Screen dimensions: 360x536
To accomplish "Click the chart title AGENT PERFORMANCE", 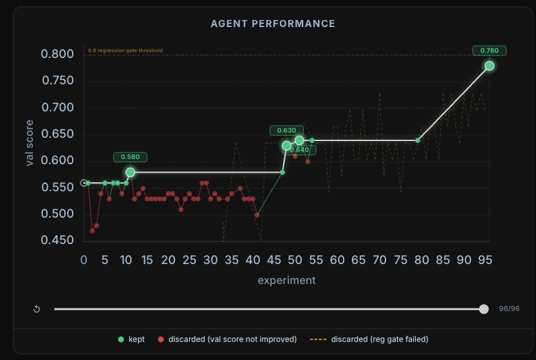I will (x=273, y=24).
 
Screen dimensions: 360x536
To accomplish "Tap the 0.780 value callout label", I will (x=489, y=50).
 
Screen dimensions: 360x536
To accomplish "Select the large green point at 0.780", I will (x=489, y=66).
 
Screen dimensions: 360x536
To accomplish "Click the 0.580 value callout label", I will (x=131, y=156).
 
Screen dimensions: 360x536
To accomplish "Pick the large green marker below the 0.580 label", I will (x=131, y=173).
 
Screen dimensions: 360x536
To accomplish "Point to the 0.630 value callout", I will (x=286, y=131).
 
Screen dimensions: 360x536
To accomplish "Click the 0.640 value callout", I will (x=300, y=150).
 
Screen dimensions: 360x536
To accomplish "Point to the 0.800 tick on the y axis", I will (x=57, y=54).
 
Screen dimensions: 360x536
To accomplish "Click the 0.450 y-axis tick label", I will (x=57, y=241).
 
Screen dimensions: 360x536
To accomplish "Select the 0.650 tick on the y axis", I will (x=57, y=134).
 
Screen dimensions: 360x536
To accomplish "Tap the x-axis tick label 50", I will (x=295, y=260).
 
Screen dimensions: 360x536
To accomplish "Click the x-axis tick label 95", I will (x=485, y=260).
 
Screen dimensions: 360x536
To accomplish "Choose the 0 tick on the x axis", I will (x=84, y=260).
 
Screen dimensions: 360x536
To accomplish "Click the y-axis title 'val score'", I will (x=30, y=143).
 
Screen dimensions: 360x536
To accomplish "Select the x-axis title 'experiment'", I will (x=286, y=280).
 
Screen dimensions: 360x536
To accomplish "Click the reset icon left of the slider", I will (x=37, y=309).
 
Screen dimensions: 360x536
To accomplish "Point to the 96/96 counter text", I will (x=509, y=309).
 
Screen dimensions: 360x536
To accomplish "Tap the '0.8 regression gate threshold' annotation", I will (x=125, y=50).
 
